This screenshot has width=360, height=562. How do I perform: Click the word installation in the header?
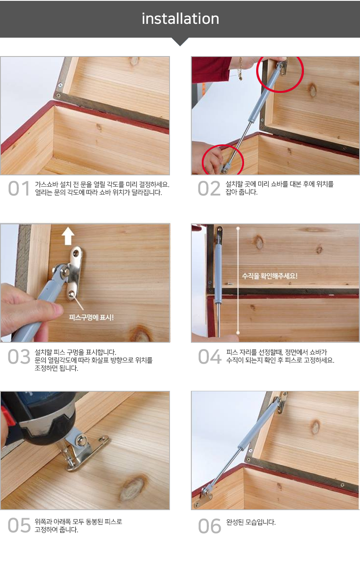[x=180, y=19]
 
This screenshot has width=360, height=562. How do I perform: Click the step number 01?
[x=19, y=189]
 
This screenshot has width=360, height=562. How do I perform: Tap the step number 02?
[x=209, y=189]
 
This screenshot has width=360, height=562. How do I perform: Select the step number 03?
[x=19, y=357]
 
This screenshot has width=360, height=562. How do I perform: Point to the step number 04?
[x=209, y=357]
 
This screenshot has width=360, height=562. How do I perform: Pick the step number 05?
[x=19, y=526]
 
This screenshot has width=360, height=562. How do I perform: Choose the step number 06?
[x=209, y=526]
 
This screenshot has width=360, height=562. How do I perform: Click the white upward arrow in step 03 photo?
[x=68, y=236]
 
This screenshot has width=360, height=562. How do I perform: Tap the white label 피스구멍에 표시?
[x=91, y=317]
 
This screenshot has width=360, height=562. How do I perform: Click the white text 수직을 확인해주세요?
[x=270, y=276]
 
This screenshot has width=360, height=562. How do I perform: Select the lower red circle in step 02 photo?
[x=223, y=161]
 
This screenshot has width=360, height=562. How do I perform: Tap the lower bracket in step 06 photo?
[x=205, y=496]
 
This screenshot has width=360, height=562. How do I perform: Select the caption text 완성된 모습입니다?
[x=251, y=522]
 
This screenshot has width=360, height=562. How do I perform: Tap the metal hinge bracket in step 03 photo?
[x=74, y=272]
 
